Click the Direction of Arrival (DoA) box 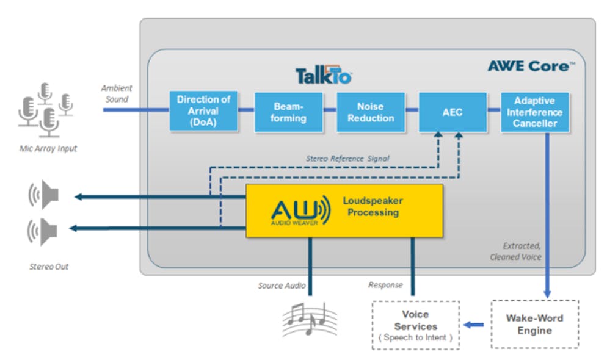(x=203, y=111)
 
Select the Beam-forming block (x=288, y=112)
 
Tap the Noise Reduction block (x=371, y=112)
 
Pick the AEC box (x=453, y=112)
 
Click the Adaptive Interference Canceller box (x=535, y=112)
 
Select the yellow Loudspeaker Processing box (x=344, y=210)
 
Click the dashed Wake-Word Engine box (x=535, y=324)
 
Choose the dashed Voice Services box (x=415, y=325)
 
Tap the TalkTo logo (x=323, y=76)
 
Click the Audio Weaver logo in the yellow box (x=300, y=211)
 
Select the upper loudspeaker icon (x=44, y=195)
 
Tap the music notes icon (x=310, y=317)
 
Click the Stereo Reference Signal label (x=347, y=159)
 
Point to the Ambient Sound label (x=117, y=93)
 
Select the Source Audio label (x=282, y=286)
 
